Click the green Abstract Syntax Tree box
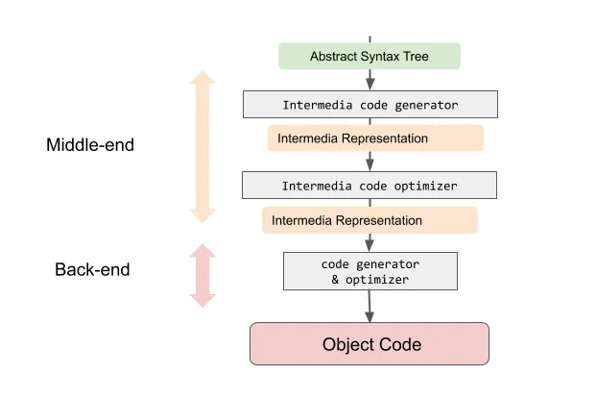pyautogui.click(x=370, y=57)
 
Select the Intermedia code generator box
pyautogui.click(x=370, y=104)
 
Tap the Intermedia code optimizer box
pyautogui.click(x=370, y=185)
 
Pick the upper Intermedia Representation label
pyautogui.click(x=374, y=138)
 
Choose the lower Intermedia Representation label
pyautogui.click(x=370, y=220)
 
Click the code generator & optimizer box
pyautogui.click(x=370, y=271)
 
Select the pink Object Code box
pyautogui.click(x=370, y=344)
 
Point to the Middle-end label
pyautogui.click(x=90, y=145)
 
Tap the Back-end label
pyautogui.click(x=92, y=269)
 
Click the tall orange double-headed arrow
pyautogui.click(x=203, y=145)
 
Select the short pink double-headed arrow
pyautogui.click(x=203, y=275)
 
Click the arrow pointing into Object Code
pyautogui.click(x=370, y=308)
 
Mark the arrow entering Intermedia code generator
pyautogui.click(x=370, y=81)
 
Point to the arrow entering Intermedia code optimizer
pyautogui.click(x=370, y=162)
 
